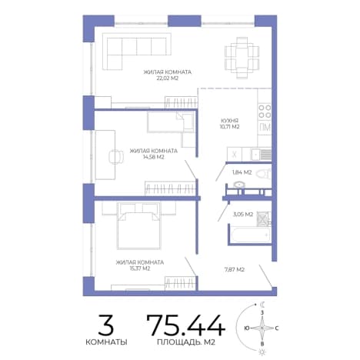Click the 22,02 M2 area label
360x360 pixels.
pos(167,78)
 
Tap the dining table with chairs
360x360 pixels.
pos(242,58)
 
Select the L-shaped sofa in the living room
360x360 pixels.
pos(136,52)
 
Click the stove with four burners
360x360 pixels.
pos(265,112)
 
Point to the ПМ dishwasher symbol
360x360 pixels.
pos(265,128)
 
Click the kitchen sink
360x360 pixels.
pos(261,155)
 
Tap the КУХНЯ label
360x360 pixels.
pos(229,120)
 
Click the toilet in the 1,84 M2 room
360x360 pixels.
pos(263,174)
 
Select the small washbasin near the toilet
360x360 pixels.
pos(239,185)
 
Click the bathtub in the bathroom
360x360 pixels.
pos(250,234)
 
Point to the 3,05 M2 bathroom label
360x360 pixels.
pos(243,215)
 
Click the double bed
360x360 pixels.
pos(138,225)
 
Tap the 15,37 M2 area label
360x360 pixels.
pos(140,268)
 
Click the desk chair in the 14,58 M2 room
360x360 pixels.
pos(116,156)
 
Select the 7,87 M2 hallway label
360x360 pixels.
pos(235,269)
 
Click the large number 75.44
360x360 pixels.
pos(186,325)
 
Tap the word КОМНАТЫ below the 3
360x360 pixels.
pos(106,342)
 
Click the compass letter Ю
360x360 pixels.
pos(247,328)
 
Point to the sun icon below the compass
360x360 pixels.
pos(262,352)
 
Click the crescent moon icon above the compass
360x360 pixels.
pos(262,305)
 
